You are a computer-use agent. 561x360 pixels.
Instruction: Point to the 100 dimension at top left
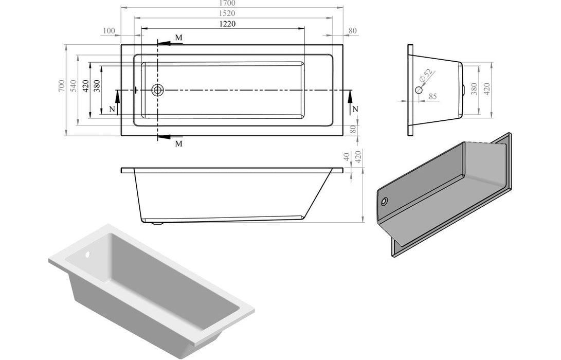(108, 31)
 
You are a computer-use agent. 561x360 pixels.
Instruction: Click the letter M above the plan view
(178, 38)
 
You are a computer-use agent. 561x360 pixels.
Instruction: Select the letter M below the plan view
(178, 143)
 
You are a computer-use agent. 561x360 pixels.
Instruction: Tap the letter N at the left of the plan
(112, 110)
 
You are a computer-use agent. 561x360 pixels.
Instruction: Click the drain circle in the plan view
(158, 91)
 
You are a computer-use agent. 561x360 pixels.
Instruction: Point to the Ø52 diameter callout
(426, 78)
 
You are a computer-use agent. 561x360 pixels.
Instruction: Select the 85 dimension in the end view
(432, 96)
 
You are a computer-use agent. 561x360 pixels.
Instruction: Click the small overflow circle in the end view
(419, 91)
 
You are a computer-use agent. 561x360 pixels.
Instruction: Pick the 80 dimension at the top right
(352, 31)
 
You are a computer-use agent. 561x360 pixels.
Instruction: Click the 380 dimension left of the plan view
(97, 90)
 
